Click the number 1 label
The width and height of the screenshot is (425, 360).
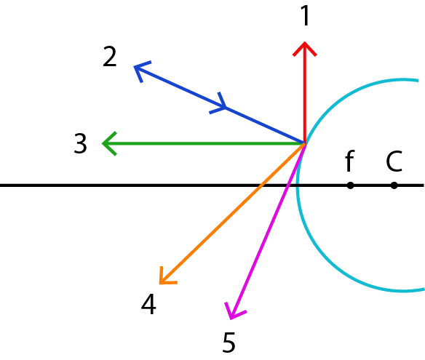click(x=305, y=16)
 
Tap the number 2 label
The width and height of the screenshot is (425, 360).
click(x=110, y=56)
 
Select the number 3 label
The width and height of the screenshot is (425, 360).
click(x=81, y=143)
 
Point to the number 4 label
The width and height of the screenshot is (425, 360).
click(x=148, y=304)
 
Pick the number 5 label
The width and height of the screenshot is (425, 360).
click(x=229, y=342)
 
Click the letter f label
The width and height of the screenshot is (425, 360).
click(x=350, y=161)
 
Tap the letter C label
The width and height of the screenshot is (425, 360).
click(x=394, y=161)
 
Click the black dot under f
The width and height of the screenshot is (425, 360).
click(x=350, y=185)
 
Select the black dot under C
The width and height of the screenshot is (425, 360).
click(x=394, y=185)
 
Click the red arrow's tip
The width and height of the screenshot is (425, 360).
click(x=305, y=42)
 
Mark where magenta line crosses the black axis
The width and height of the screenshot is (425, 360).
click(x=288, y=185)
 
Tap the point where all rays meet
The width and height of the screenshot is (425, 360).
click(x=305, y=143)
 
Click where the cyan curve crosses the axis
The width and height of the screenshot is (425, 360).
click(x=298, y=185)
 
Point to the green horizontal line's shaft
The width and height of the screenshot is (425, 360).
click(x=203, y=143)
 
